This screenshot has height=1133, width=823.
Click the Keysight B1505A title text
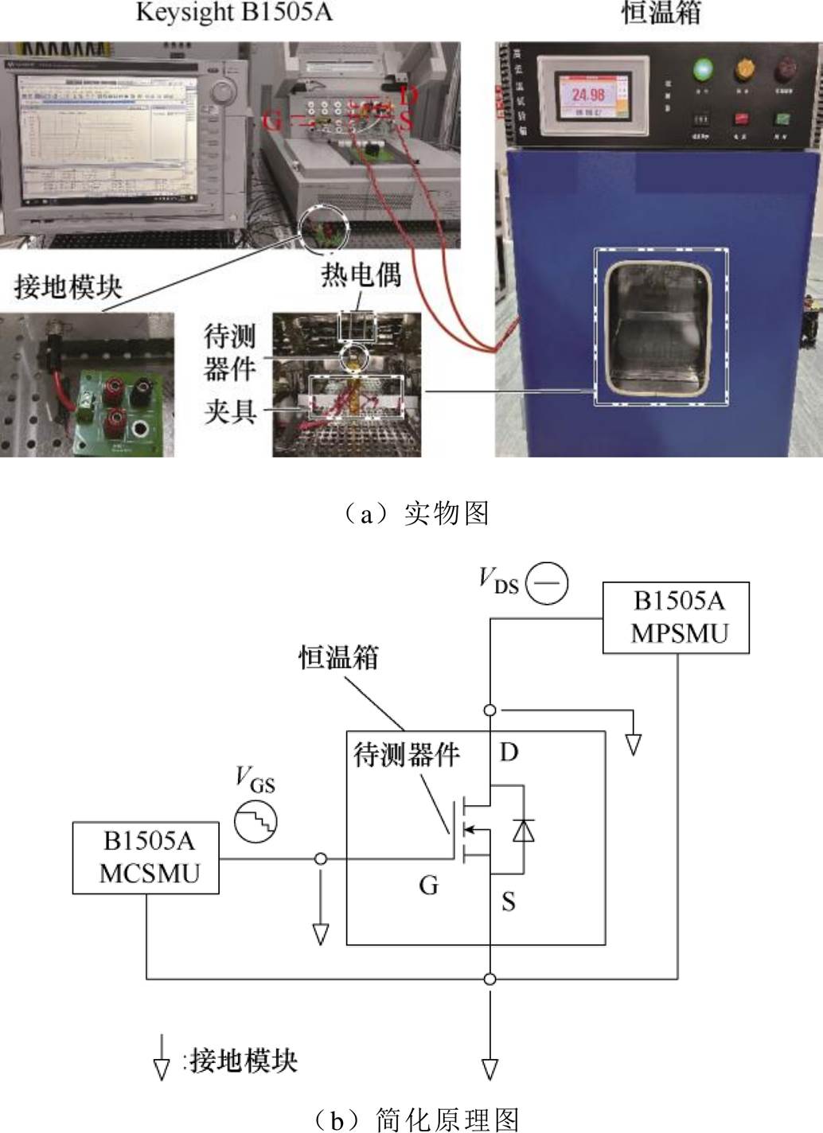(x=233, y=13)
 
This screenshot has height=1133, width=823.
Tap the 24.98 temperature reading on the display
(x=587, y=95)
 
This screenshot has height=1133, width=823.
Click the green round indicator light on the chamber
(x=703, y=70)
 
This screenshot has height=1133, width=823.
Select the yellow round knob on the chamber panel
(x=744, y=70)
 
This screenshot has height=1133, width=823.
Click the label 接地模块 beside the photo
(x=68, y=287)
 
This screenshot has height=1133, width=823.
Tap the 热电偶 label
(x=361, y=274)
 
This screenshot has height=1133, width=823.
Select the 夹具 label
(x=231, y=411)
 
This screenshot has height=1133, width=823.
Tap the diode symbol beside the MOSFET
(x=523, y=830)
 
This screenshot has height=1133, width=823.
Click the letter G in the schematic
(x=429, y=885)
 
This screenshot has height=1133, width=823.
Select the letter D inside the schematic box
(x=509, y=752)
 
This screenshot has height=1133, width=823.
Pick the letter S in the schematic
(x=509, y=901)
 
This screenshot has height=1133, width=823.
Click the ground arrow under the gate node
(x=321, y=932)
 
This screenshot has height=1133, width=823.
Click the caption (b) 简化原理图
(x=413, y=1119)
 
